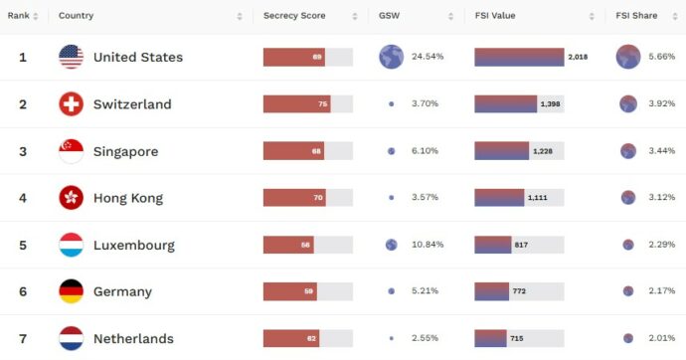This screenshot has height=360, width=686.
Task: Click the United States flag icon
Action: (71, 57)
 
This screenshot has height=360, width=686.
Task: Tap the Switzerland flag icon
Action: (71, 104)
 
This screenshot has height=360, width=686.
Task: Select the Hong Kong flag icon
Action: (71, 198)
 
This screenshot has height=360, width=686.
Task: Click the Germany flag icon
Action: (71, 291)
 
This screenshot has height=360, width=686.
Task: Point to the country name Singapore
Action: (125, 151)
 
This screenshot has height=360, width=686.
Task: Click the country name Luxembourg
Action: (133, 245)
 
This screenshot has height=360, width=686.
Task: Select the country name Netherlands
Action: (133, 339)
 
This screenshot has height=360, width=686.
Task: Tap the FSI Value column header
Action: (496, 16)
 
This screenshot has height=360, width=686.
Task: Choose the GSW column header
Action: (389, 16)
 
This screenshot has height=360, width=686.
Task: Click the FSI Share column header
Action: (637, 16)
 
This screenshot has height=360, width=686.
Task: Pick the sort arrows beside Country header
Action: (240, 16)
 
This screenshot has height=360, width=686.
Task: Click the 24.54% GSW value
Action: (428, 57)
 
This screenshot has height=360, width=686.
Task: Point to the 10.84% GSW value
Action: (428, 245)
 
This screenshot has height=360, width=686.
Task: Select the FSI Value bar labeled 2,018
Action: (519, 57)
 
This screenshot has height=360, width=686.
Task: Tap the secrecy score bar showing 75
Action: (296, 104)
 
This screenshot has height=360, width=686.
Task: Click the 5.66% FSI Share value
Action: (661, 57)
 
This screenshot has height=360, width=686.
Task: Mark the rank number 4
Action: (23, 198)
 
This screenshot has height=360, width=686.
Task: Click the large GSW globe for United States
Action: (391, 57)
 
